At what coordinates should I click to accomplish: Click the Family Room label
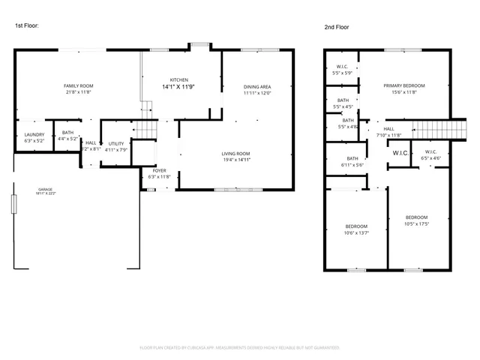(x=77, y=86)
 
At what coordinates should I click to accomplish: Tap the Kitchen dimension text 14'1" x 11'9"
(x=178, y=87)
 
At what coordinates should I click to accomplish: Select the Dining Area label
(x=256, y=86)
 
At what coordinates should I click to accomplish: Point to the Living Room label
(x=235, y=153)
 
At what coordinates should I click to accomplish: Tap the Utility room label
(x=115, y=143)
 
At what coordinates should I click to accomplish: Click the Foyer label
(x=160, y=170)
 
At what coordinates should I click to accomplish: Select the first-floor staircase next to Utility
(x=145, y=130)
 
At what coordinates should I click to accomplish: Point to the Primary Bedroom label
(x=404, y=86)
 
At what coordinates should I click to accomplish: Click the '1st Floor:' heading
(x=27, y=25)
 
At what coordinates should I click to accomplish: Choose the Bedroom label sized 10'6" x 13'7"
(x=356, y=226)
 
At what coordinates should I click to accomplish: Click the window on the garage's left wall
(x=14, y=204)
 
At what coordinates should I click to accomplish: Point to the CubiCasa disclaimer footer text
(x=240, y=347)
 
